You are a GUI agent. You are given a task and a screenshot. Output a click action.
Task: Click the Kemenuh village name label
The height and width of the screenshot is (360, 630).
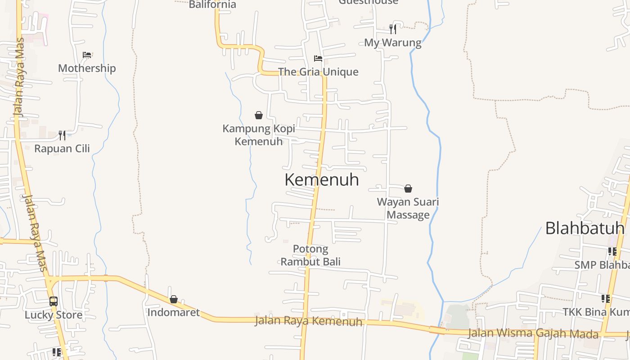tap(322, 180)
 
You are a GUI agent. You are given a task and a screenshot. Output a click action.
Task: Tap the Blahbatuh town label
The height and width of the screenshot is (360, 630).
tap(585, 228)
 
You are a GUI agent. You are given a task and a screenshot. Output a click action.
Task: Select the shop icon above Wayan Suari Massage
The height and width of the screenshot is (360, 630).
tap(408, 189)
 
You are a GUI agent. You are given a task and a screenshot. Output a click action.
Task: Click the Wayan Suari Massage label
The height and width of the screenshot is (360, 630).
tap(408, 208)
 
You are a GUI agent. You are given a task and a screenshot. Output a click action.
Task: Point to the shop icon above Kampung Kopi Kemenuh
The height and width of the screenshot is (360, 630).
tap(259, 116)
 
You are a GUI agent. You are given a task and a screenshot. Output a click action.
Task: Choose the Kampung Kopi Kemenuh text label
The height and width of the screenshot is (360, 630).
tap(259, 135)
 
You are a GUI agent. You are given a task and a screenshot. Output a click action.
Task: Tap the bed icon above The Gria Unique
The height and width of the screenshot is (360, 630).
tap(318, 58)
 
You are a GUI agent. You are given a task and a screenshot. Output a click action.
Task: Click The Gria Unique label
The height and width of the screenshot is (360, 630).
tap(318, 72)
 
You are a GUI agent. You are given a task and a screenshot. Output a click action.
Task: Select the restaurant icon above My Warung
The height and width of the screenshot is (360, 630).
tap(393, 29)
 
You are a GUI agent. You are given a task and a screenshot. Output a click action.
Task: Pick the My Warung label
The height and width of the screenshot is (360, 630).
tap(393, 43)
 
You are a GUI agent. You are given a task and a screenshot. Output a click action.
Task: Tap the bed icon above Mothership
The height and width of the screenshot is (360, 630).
tap(87, 55)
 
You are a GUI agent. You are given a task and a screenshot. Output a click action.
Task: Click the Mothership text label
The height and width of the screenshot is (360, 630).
tap(87, 68)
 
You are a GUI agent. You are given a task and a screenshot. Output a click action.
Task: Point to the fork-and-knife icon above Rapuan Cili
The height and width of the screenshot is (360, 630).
tap(62, 135)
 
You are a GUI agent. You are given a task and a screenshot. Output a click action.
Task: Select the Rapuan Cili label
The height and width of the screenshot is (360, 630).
tap(62, 148)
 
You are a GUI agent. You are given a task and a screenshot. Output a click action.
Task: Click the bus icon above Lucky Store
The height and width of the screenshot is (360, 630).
tap(54, 301)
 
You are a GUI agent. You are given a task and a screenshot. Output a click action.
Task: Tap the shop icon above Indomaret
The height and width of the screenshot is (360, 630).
tap(174, 299)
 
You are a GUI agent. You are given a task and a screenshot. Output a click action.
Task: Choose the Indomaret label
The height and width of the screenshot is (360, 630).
tap(174, 312)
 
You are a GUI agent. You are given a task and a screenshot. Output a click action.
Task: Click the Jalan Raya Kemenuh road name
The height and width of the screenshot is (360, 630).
tap(309, 321)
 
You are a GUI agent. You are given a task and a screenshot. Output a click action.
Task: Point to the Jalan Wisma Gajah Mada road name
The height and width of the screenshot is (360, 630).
tap(533, 333)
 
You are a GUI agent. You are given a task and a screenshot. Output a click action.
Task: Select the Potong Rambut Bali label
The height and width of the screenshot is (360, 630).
tap(310, 255)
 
